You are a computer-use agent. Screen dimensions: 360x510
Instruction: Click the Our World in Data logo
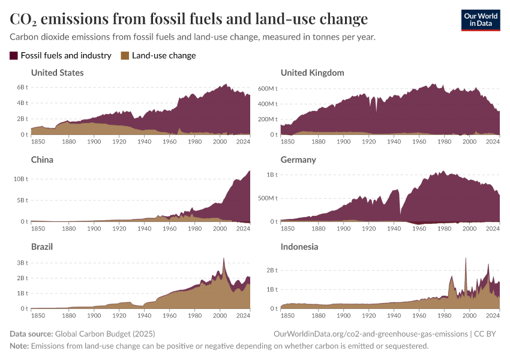pyautogui.click(x=480, y=20)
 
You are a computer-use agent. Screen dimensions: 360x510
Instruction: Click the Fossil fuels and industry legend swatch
pyautogui.click(x=14, y=56)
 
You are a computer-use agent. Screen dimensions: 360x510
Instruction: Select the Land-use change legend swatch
pyautogui.click(x=125, y=56)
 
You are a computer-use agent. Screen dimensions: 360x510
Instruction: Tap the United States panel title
pyautogui.click(x=57, y=73)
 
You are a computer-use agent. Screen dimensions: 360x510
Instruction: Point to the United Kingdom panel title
pyautogui.click(x=312, y=73)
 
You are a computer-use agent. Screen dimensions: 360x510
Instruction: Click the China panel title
pyautogui.click(x=42, y=160)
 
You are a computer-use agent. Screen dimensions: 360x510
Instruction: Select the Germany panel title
pyautogui.click(x=298, y=160)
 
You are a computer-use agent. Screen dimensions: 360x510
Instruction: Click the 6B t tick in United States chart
pyautogui.click(x=22, y=87)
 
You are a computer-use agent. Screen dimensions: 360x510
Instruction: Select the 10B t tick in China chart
pyautogui.click(x=20, y=179)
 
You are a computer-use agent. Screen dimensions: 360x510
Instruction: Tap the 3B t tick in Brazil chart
pyautogui.click(x=22, y=263)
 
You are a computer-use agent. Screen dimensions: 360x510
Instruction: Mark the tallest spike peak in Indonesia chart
pyautogui.click(x=466, y=258)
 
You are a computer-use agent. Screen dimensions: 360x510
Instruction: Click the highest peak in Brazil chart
pyautogui.click(x=223, y=258)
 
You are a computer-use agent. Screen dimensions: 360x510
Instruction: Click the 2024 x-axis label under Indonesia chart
pyautogui.click(x=493, y=315)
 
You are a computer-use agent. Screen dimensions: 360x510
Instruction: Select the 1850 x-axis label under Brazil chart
pyautogui.click(x=37, y=315)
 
